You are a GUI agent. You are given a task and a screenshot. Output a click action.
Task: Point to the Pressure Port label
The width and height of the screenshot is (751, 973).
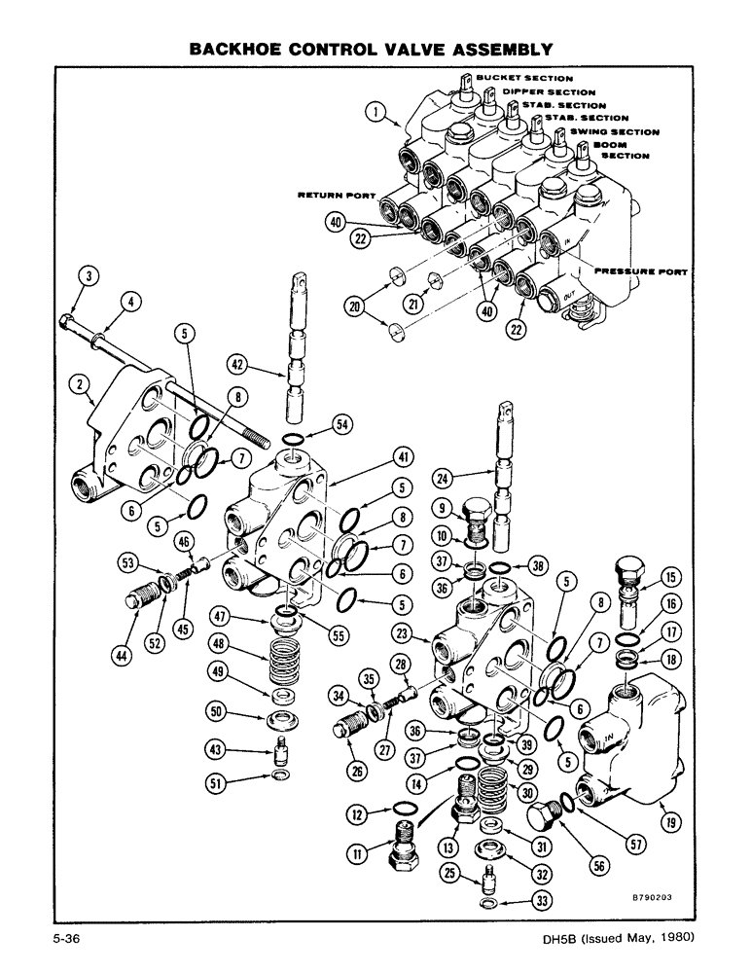tap(638, 272)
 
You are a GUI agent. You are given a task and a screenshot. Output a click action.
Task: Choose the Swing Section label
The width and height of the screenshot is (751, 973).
tap(614, 131)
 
